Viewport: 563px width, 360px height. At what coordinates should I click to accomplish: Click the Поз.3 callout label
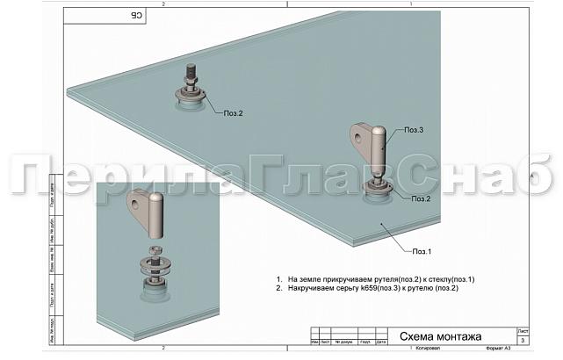pyautogui.click(x=415, y=130)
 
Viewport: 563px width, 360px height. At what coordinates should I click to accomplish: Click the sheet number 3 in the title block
pyautogui.click(x=523, y=339)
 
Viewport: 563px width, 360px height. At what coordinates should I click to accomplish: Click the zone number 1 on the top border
pyautogui.click(x=409, y=4)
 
